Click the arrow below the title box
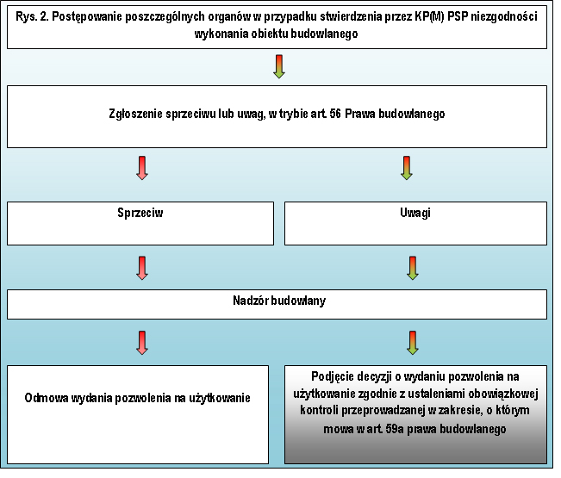point(278,66)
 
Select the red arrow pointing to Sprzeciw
point(142,168)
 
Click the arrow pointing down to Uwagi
point(407,168)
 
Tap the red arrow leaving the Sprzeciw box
point(142,268)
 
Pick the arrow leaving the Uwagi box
point(413,268)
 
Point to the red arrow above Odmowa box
point(142,343)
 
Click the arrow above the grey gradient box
point(413,343)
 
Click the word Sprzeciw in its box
point(140,213)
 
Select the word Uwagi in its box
point(415,213)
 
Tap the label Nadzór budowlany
point(279,301)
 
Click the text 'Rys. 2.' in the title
point(32,17)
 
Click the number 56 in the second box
point(335,114)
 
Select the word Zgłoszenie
point(135,114)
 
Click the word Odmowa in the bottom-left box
point(47,398)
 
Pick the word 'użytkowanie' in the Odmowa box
point(220,398)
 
